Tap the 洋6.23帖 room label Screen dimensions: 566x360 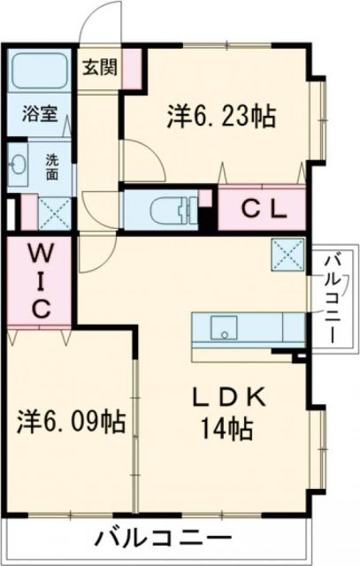(220, 115)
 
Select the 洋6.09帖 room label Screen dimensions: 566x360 (70, 420)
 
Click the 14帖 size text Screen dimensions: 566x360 (227, 431)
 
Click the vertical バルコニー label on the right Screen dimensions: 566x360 (333, 298)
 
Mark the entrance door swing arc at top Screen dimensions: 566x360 (99, 22)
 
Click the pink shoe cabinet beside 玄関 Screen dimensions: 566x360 (132, 69)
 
